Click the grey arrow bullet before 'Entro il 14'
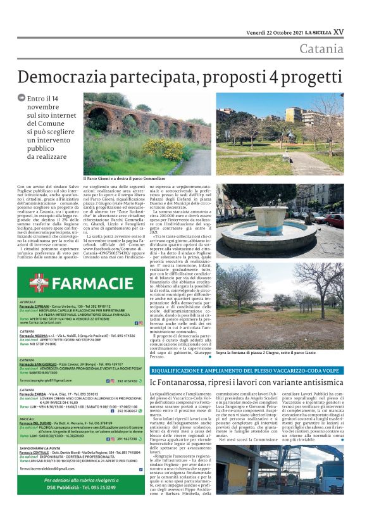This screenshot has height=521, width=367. pos(22,98)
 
